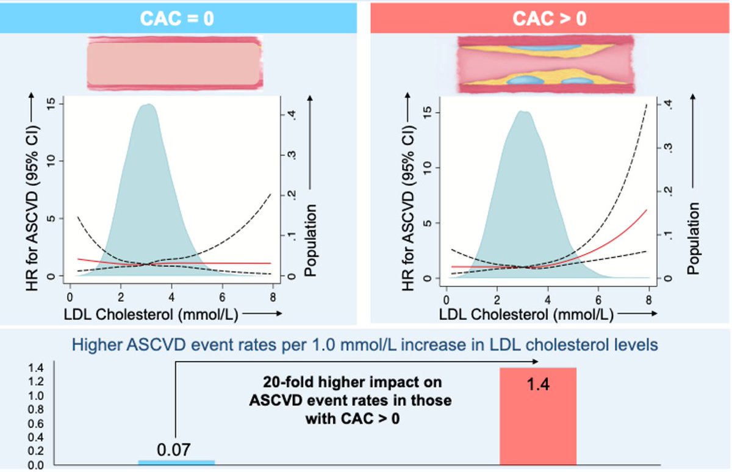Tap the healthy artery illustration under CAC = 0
click(175, 63)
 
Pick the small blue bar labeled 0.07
click(176, 462)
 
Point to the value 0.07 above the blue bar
click(175, 449)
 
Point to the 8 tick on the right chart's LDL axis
click(648, 300)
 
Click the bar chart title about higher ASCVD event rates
click(365, 345)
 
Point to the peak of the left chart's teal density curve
click(147, 104)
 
